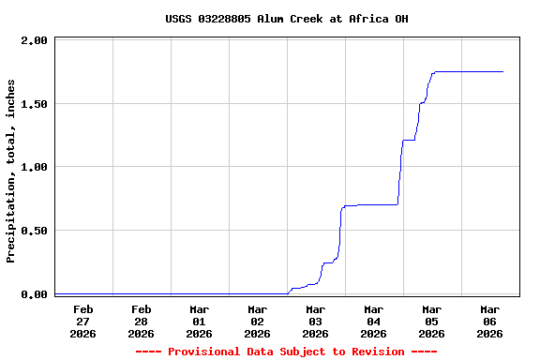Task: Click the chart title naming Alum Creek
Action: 286,19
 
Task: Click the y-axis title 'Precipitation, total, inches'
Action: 11,171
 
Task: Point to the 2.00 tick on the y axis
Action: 34,40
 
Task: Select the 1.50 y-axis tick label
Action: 34,104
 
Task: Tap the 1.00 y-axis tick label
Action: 34,167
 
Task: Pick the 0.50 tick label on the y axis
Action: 34,231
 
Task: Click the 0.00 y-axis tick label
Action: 34,294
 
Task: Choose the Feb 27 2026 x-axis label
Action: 83,321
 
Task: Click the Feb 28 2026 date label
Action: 142,321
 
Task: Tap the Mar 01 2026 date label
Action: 200,321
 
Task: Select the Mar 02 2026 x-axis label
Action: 258,321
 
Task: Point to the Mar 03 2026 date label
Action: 316,321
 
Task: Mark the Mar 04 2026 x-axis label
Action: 374,321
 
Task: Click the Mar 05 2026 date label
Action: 432,321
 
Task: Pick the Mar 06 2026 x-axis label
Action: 490,321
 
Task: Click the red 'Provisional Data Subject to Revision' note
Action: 286,352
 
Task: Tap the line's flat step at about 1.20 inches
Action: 409,141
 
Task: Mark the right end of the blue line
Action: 502,71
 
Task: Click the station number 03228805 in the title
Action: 225,19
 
